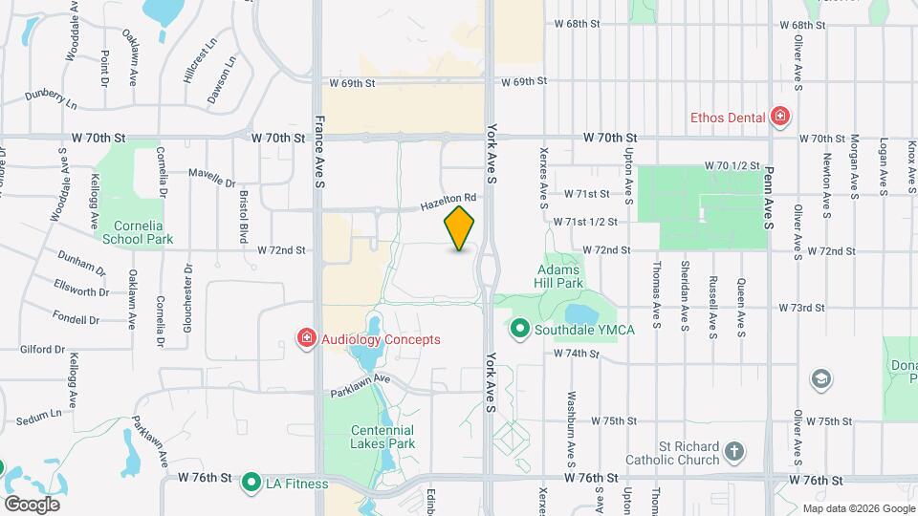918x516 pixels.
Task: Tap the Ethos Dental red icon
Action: pyautogui.click(x=781, y=118)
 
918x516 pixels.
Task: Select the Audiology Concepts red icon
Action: pyautogui.click(x=307, y=338)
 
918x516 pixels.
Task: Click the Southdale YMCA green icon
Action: pyautogui.click(x=520, y=330)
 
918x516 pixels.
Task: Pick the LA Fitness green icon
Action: pyautogui.click(x=252, y=483)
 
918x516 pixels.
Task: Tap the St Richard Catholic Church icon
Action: pyautogui.click(x=733, y=451)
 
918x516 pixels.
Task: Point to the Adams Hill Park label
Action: pyautogui.click(x=559, y=276)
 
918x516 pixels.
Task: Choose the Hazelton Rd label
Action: pyautogui.click(x=448, y=203)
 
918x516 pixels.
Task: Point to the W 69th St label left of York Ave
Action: pyautogui.click(x=350, y=83)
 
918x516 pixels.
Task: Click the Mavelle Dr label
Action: pyautogui.click(x=211, y=178)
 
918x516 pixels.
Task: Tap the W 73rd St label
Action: pyautogui.click(x=801, y=308)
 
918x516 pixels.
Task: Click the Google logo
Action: pyautogui.click(x=32, y=504)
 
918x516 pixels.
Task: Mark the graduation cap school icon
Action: pyautogui.click(x=820, y=379)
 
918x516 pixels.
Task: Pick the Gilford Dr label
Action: pyautogui.click(x=41, y=350)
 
